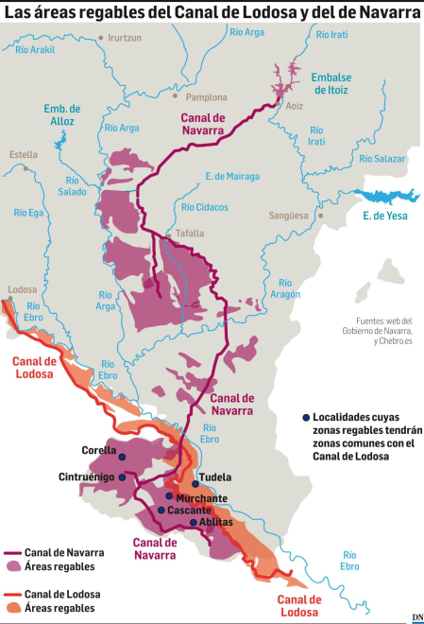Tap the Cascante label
191,511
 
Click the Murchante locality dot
169,495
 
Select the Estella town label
24,154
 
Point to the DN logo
416,616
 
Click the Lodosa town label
21,289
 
